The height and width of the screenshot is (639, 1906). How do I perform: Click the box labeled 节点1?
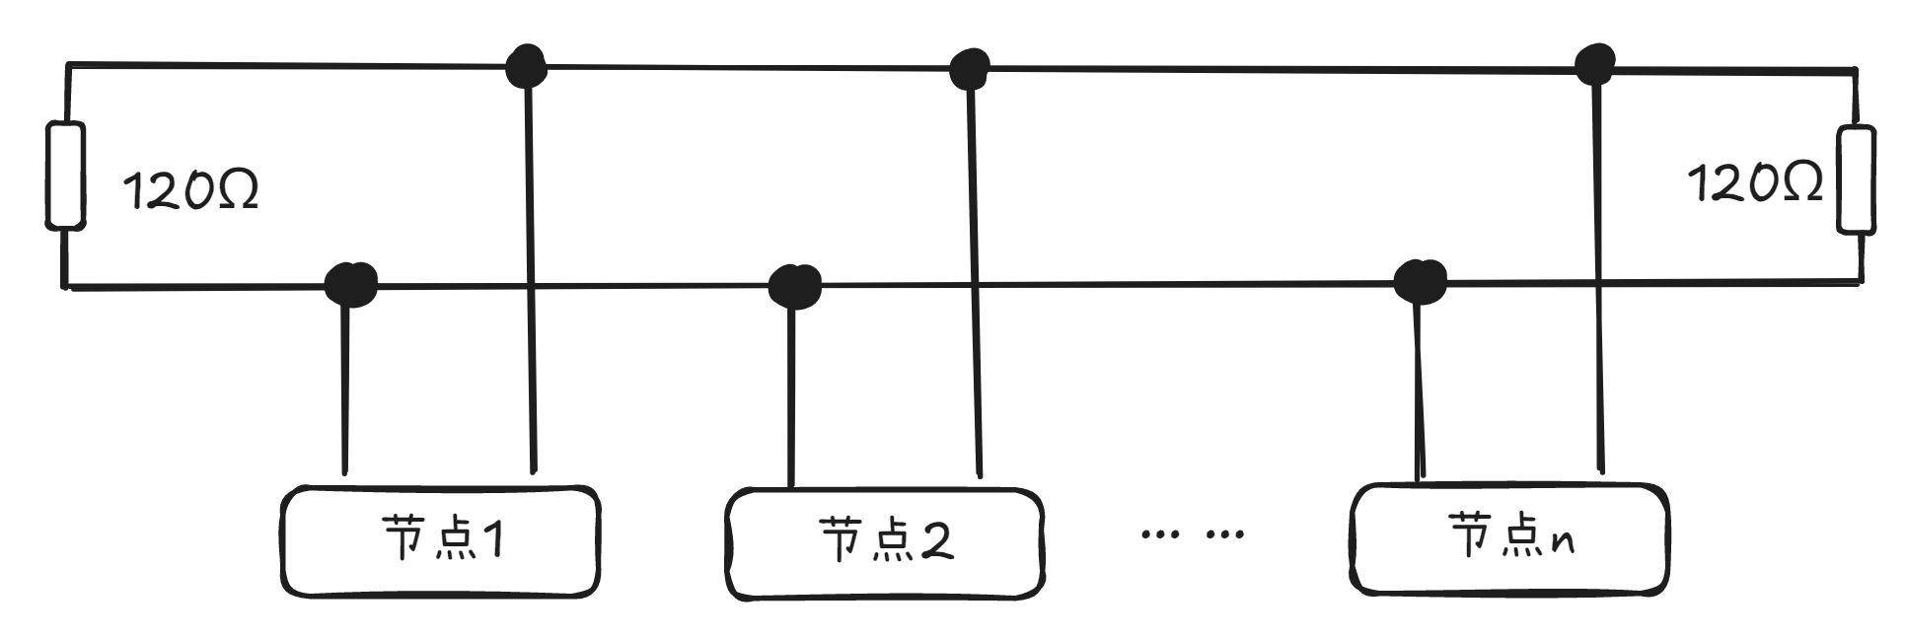[440, 541]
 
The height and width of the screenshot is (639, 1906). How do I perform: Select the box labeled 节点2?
[884, 543]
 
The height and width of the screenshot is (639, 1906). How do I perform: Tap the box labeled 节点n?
[1508, 538]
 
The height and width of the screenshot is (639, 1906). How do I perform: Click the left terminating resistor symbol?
[65, 176]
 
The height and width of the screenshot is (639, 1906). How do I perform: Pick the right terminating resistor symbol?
[1855, 179]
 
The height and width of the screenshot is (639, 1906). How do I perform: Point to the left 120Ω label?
[190, 189]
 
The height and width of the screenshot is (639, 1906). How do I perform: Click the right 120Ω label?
[1755, 183]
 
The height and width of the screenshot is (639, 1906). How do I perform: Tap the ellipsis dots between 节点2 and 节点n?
[1192, 535]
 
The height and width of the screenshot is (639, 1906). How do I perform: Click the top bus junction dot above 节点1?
[526, 66]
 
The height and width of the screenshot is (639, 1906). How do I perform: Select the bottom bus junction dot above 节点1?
[350, 284]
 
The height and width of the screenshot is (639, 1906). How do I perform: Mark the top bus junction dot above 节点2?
[970, 69]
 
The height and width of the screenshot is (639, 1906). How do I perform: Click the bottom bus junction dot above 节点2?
[794, 286]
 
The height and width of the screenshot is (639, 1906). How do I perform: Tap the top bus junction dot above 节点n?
[1594, 65]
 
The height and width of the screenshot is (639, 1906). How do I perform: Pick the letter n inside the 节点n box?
[1562, 541]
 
